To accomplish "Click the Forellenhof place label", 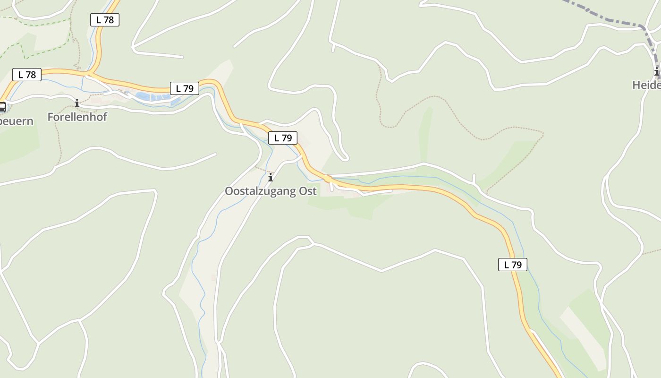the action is [77, 117].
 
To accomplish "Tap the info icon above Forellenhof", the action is [76, 103].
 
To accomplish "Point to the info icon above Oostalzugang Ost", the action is [271, 178].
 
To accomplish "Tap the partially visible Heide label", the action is [646, 85].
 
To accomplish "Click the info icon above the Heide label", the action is [657, 72].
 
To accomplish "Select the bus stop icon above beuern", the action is [2, 107].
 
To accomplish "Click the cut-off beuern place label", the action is [16, 121].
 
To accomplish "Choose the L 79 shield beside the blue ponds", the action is [185, 88].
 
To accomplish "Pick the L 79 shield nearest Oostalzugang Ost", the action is [283, 138].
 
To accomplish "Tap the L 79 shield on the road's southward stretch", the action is [512, 265].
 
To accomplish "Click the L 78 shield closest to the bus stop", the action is [27, 75].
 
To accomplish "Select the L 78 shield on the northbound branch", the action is [104, 20].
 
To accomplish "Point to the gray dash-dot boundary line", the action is [609, 20].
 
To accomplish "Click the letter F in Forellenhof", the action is [51, 117].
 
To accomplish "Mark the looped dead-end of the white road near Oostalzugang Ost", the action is [345, 156].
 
